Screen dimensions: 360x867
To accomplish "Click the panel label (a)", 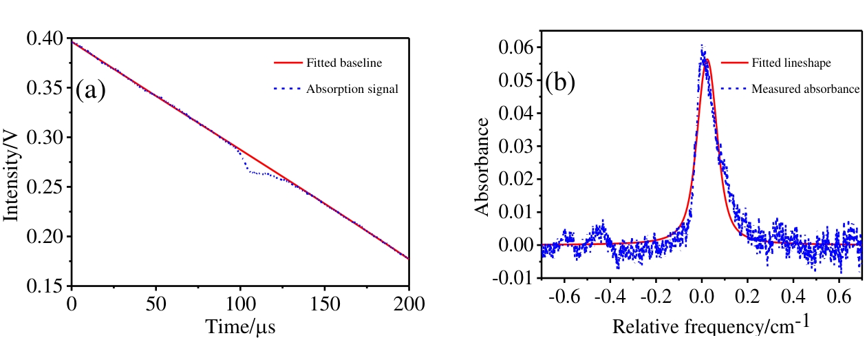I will pos(90,90).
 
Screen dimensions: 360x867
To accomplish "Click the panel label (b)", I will pos(560,83).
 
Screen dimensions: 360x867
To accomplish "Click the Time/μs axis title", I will pos(241,327).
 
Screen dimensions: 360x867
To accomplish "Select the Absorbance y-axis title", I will pos(484,166).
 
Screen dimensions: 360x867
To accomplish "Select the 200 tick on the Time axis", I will pos(408,303).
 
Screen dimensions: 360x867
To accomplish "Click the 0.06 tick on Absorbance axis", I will pos(515,47).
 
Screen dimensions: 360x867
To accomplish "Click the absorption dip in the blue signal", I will pos(251,171).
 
